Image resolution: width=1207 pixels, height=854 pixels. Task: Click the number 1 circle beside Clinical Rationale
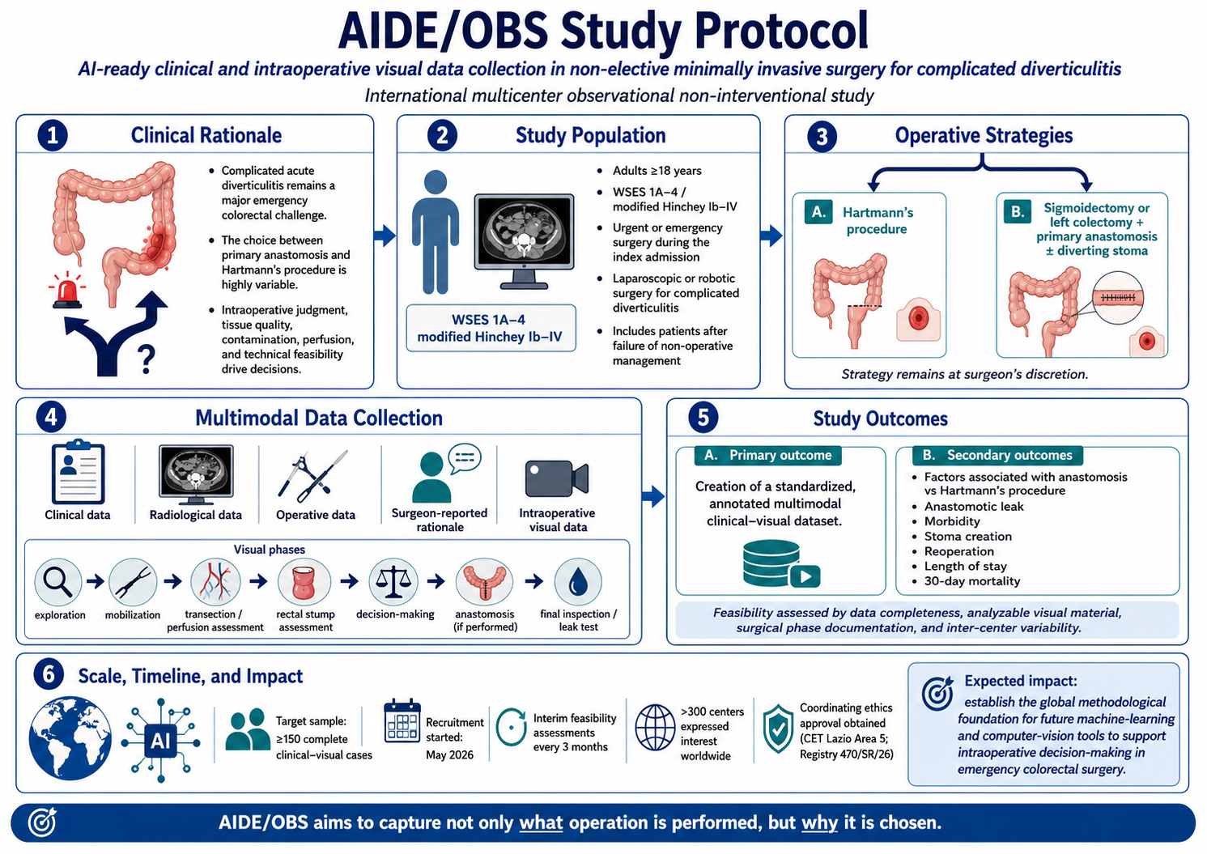pyautogui.click(x=53, y=135)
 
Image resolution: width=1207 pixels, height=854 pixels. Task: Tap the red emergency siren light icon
pyautogui.click(x=67, y=291)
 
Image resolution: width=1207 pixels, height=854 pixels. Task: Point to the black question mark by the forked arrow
pyautogui.click(x=146, y=359)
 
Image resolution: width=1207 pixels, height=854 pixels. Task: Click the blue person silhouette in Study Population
pyautogui.click(x=436, y=232)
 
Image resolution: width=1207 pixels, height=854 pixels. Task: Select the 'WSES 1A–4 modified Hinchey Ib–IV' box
pyautogui.click(x=491, y=328)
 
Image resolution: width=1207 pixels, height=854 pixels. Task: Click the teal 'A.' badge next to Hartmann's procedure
pyautogui.click(x=818, y=212)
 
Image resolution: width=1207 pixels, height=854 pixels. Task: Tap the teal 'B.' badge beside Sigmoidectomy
pyautogui.click(x=1018, y=211)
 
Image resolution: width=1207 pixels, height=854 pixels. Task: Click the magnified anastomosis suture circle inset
pyautogui.click(x=1118, y=298)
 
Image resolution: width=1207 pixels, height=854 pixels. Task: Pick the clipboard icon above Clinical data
pyautogui.click(x=79, y=472)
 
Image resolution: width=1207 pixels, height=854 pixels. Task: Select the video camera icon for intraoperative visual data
pyautogui.click(x=557, y=478)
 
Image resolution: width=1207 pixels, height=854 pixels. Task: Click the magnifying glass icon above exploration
pyautogui.click(x=58, y=583)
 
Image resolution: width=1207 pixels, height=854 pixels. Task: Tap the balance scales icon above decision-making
pyautogui.click(x=393, y=582)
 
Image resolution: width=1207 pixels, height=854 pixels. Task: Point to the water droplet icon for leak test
pyautogui.click(x=578, y=582)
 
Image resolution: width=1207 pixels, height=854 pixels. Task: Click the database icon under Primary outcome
pyautogui.click(x=781, y=563)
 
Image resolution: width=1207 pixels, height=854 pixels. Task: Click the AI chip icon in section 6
pyautogui.click(x=160, y=741)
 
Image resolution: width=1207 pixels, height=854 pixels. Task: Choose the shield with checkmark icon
pyautogui.click(x=778, y=729)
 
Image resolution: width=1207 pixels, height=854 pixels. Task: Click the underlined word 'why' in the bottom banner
pyautogui.click(x=819, y=823)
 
